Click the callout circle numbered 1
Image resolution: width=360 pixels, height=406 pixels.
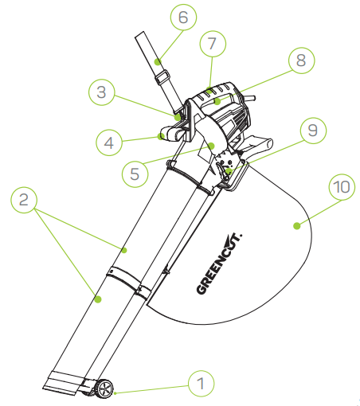pyautogui.click(x=201, y=384)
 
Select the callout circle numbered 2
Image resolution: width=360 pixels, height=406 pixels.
pyautogui.click(x=25, y=199)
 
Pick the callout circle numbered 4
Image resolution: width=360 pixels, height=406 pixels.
pyautogui.click(x=108, y=143)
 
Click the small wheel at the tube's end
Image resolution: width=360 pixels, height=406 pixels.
pyautogui.click(x=104, y=389)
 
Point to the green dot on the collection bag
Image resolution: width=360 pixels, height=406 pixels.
pyautogui.click(x=295, y=226)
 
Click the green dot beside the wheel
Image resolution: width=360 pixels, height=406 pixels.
pyautogui.click(x=115, y=392)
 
